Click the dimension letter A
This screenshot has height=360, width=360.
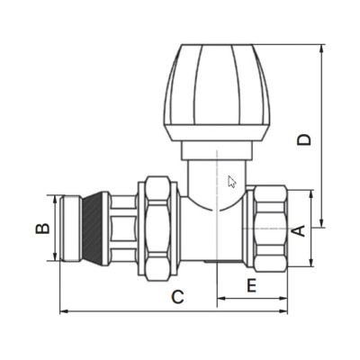(299, 230)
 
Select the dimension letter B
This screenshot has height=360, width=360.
(42, 229)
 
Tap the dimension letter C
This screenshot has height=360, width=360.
(177, 297)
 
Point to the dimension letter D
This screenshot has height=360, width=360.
(304, 139)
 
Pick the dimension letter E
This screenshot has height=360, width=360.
(251, 285)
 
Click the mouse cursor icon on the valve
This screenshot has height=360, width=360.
(232, 182)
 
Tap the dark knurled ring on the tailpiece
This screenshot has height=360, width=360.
(93, 229)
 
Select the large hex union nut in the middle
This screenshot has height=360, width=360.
(157, 229)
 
